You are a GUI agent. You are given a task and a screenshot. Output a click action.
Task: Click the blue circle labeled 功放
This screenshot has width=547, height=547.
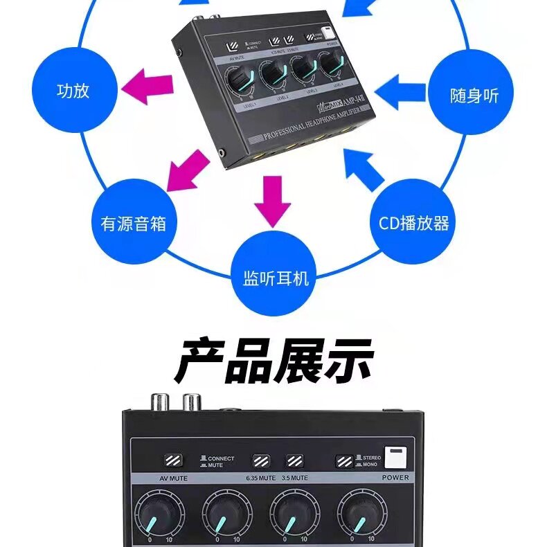point(73,91)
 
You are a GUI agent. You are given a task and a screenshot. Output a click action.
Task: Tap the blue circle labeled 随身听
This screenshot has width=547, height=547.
point(474,95)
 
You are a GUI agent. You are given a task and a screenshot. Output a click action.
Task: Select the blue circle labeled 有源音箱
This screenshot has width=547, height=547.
point(134,223)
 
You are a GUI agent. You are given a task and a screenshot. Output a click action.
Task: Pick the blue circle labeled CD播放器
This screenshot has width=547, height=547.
point(414,223)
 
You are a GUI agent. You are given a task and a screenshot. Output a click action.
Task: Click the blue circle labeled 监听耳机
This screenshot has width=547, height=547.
point(276,278)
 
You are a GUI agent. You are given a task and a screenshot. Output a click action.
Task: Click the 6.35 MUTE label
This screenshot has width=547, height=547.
point(260,478)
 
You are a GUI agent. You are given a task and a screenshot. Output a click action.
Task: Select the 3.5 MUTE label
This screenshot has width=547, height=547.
point(296,478)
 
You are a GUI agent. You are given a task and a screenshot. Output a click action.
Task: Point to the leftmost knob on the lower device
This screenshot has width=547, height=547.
point(160,515)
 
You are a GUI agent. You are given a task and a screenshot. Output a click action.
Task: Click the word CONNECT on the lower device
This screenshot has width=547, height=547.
point(221,458)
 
